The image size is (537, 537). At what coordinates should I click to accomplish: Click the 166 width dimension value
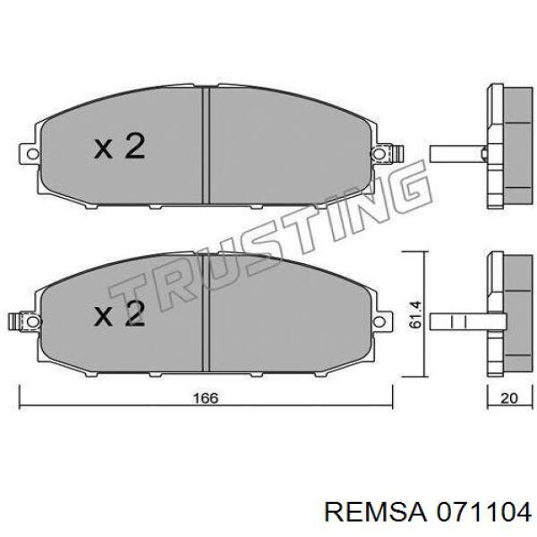tap(206, 398)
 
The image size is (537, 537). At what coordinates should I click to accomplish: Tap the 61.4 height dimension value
tap(415, 315)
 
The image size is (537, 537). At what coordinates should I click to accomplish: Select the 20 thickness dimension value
tap(509, 398)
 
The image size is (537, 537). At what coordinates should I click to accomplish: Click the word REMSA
tap(375, 513)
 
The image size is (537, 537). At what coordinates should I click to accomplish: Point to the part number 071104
tap(483, 513)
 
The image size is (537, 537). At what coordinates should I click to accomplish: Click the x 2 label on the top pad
tap(120, 147)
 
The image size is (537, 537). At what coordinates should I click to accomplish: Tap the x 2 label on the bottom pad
tap(120, 313)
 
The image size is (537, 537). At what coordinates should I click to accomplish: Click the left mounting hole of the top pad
tap(32, 154)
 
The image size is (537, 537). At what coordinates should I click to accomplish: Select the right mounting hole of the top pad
tap(379, 154)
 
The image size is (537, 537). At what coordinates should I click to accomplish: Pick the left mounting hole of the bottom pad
tap(32, 321)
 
